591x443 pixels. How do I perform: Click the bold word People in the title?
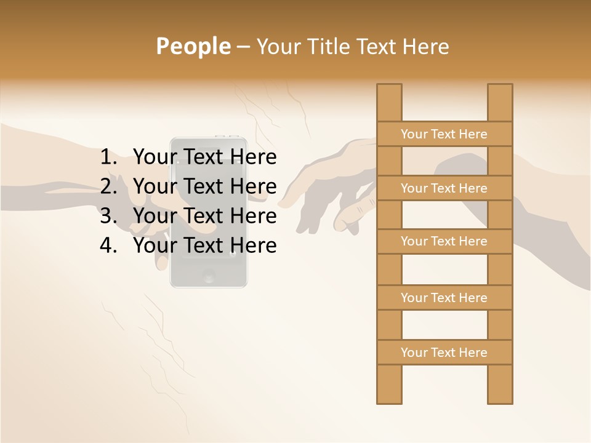click(193, 47)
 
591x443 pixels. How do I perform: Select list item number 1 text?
click(204, 158)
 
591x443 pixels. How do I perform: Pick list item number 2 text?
click(204, 186)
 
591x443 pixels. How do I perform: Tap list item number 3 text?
click(204, 216)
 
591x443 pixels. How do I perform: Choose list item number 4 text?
click(204, 245)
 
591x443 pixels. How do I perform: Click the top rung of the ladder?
click(444, 134)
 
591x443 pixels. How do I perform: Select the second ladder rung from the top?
click(444, 188)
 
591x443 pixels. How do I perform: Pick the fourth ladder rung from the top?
click(444, 298)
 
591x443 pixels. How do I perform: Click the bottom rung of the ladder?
click(444, 353)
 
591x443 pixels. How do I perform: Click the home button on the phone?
click(209, 276)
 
